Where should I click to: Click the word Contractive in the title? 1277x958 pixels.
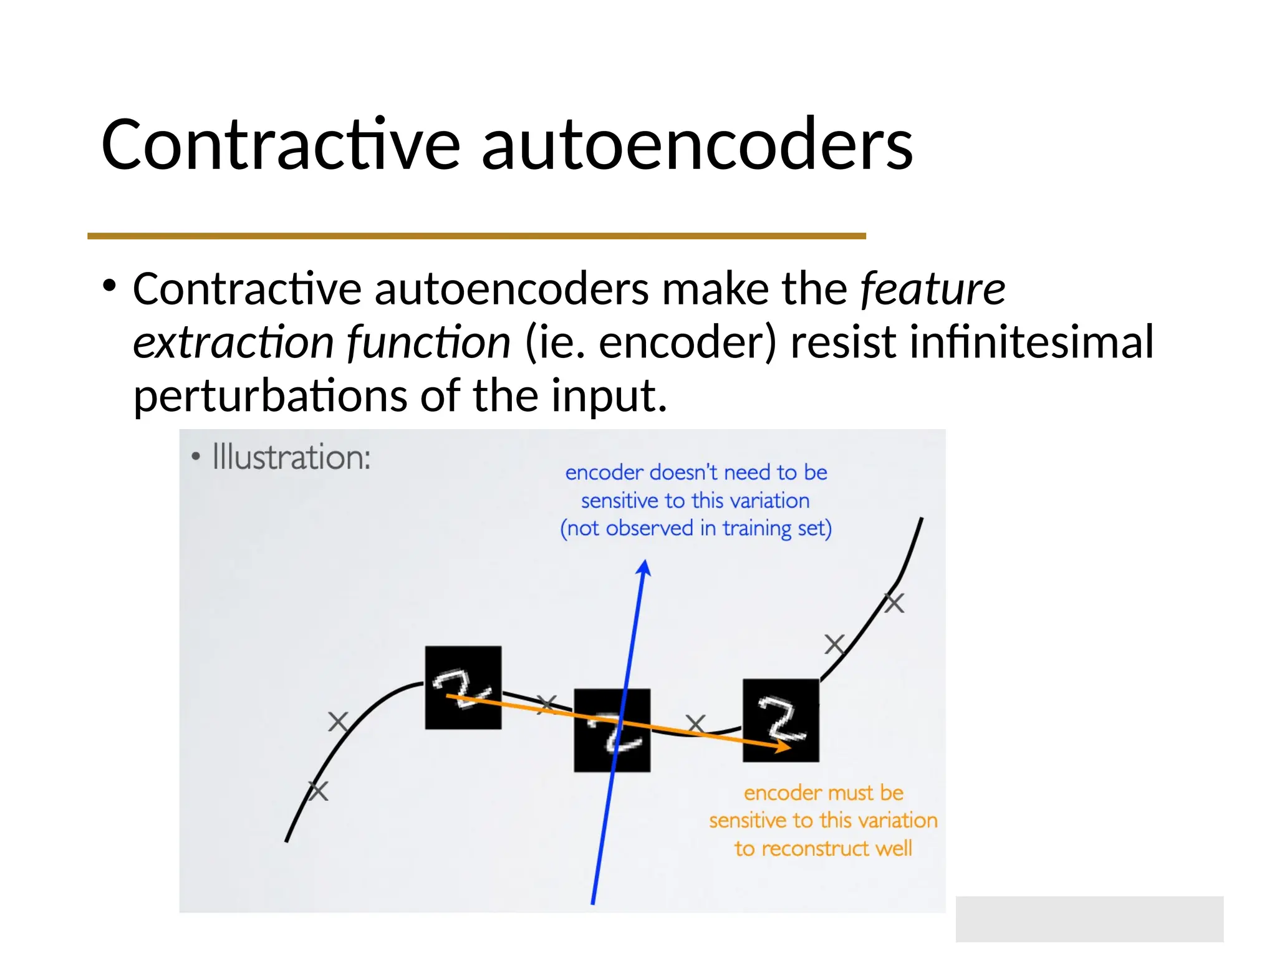pos(280,145)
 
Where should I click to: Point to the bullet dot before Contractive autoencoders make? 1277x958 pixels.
pos(110,286)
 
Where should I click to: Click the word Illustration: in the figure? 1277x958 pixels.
pos(291,457)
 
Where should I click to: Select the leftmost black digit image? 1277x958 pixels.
pos(463,687)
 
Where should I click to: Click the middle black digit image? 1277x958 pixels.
pos(612,730)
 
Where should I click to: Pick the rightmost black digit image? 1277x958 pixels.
pos(781,720)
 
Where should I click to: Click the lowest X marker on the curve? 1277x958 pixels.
pos(318,791)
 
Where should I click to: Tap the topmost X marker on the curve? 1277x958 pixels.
pos(894,603)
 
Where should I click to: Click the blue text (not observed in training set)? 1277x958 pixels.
pos(695,528)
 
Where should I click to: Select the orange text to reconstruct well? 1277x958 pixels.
pos(822,848)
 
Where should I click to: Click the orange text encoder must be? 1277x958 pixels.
pos(823,793)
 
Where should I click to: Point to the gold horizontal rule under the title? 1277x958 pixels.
pos(476,236)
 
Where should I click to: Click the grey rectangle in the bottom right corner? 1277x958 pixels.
pos(1089,919)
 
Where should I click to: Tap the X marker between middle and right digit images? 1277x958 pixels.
pos(695,723)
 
